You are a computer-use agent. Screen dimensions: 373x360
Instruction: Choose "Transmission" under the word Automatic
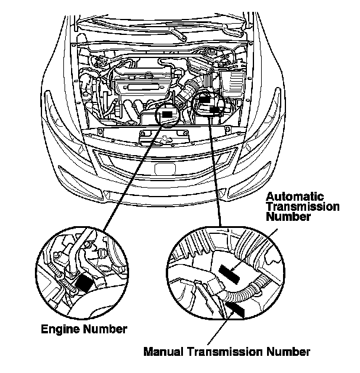click(302, 207)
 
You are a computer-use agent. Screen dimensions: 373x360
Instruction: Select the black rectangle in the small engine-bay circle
click(168, 114)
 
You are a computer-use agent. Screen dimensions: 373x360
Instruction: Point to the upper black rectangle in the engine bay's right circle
click(207, 101)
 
